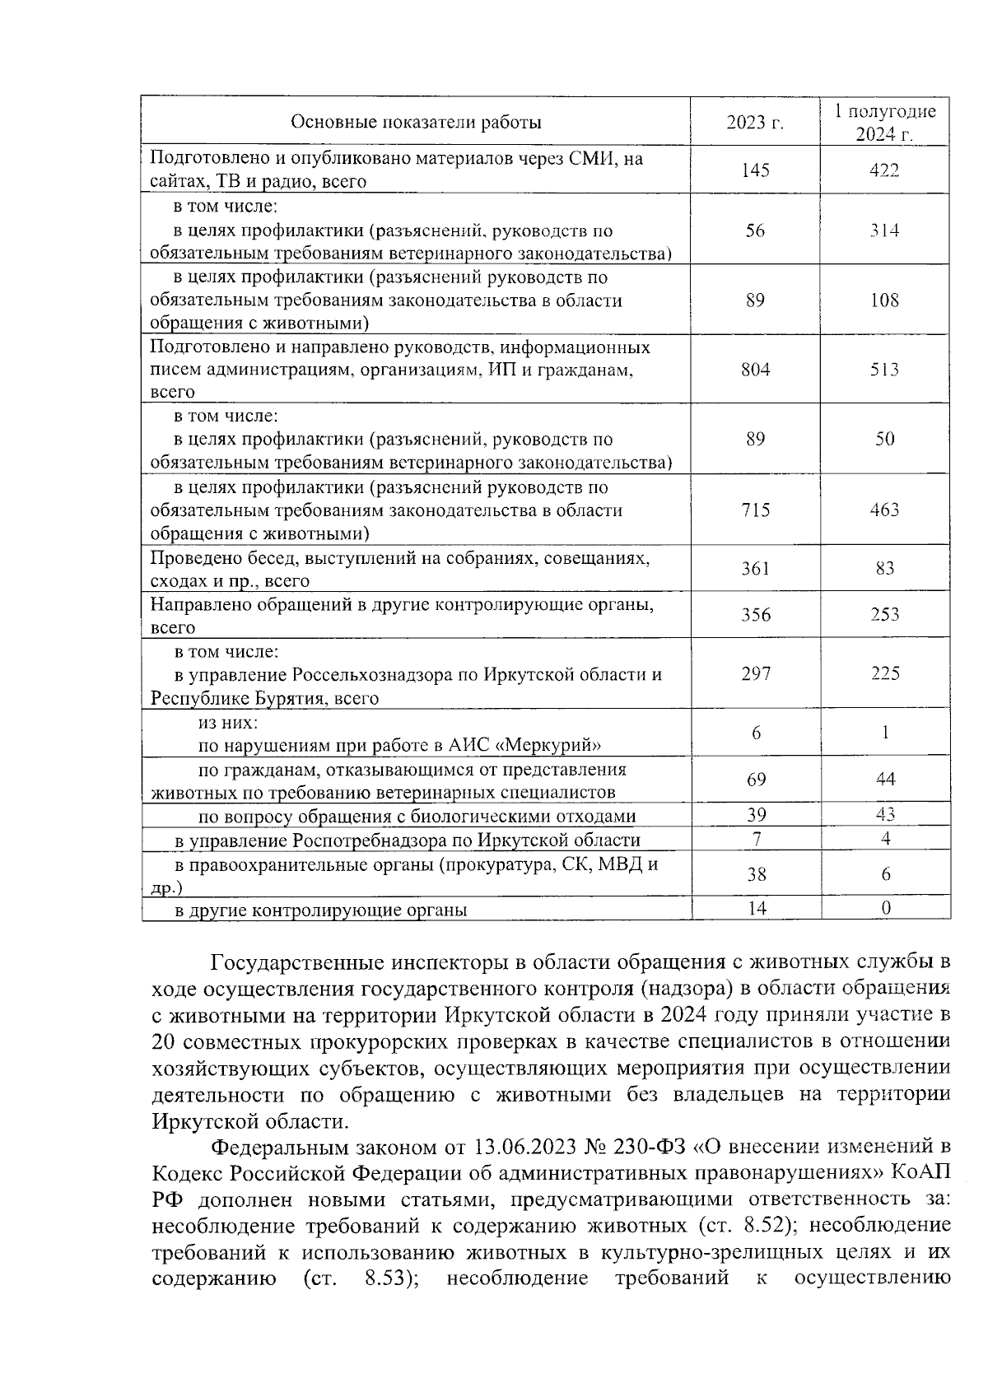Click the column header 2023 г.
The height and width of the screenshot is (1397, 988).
(755, 123)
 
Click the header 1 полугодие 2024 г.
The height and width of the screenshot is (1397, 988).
(885, 123)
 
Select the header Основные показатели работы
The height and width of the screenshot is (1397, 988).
(416, 123)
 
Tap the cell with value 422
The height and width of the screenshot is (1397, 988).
(885, 170)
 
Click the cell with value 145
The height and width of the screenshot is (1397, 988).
(755, 170)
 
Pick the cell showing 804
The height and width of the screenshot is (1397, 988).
(755, 370)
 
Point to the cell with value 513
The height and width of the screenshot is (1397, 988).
(885, 370)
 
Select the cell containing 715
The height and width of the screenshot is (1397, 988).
(755, 510)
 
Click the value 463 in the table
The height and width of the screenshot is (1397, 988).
(885, 510)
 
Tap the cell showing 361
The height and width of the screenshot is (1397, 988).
(755, 568)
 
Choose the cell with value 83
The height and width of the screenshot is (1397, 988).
(885, 568)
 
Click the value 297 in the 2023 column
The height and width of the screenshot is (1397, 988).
(755, 674)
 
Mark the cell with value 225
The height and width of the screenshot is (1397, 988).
(885, 674)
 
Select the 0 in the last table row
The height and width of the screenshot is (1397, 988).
(886, 908)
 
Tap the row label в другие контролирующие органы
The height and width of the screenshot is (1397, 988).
(320, 910)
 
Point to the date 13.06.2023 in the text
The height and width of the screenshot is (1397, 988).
(522, 1147)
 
